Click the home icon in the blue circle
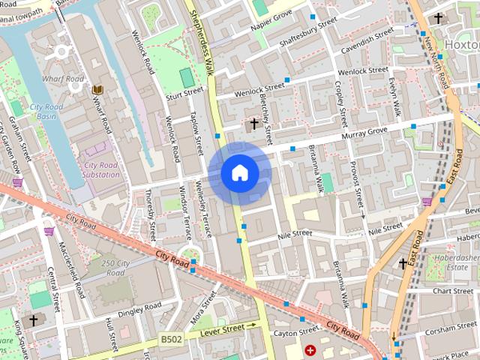tap(239, 173)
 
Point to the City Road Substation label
tap(101, 169)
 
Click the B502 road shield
tap(170, 340)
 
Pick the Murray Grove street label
tap(364, 133)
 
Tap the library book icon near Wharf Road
tap(97, 90)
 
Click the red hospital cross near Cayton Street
tap(310, 349)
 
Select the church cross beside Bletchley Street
tap(254, 123)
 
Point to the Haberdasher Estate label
tap(447, 262)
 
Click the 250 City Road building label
tap(115, 268)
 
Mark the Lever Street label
tap(222, 328)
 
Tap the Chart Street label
tap(452, 291)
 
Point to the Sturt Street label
tap(184, 93)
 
